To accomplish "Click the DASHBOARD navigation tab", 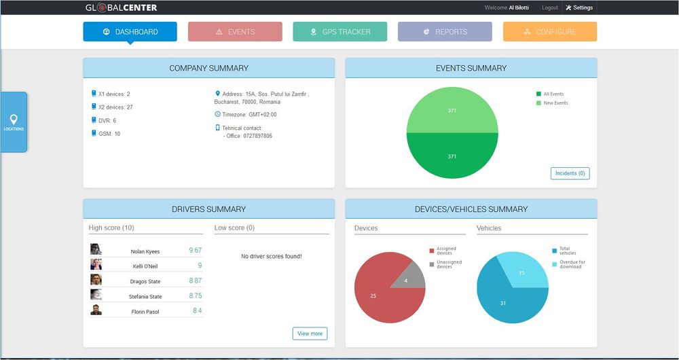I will point(130,32).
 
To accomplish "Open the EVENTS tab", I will point(235,32).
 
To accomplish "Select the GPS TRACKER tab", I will point(340,32).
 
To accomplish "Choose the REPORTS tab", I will point(445,32).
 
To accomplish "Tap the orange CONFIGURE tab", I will point(550,32).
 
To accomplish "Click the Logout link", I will point(550,7).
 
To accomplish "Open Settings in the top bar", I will point(579,7).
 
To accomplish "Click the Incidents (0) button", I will point(570,173).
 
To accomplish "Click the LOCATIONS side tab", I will point(14,122).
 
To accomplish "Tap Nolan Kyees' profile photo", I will point(96,249).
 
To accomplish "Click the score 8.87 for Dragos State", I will point(196,281).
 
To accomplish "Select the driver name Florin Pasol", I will point(145,312).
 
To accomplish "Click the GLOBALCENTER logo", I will point(122,7).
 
